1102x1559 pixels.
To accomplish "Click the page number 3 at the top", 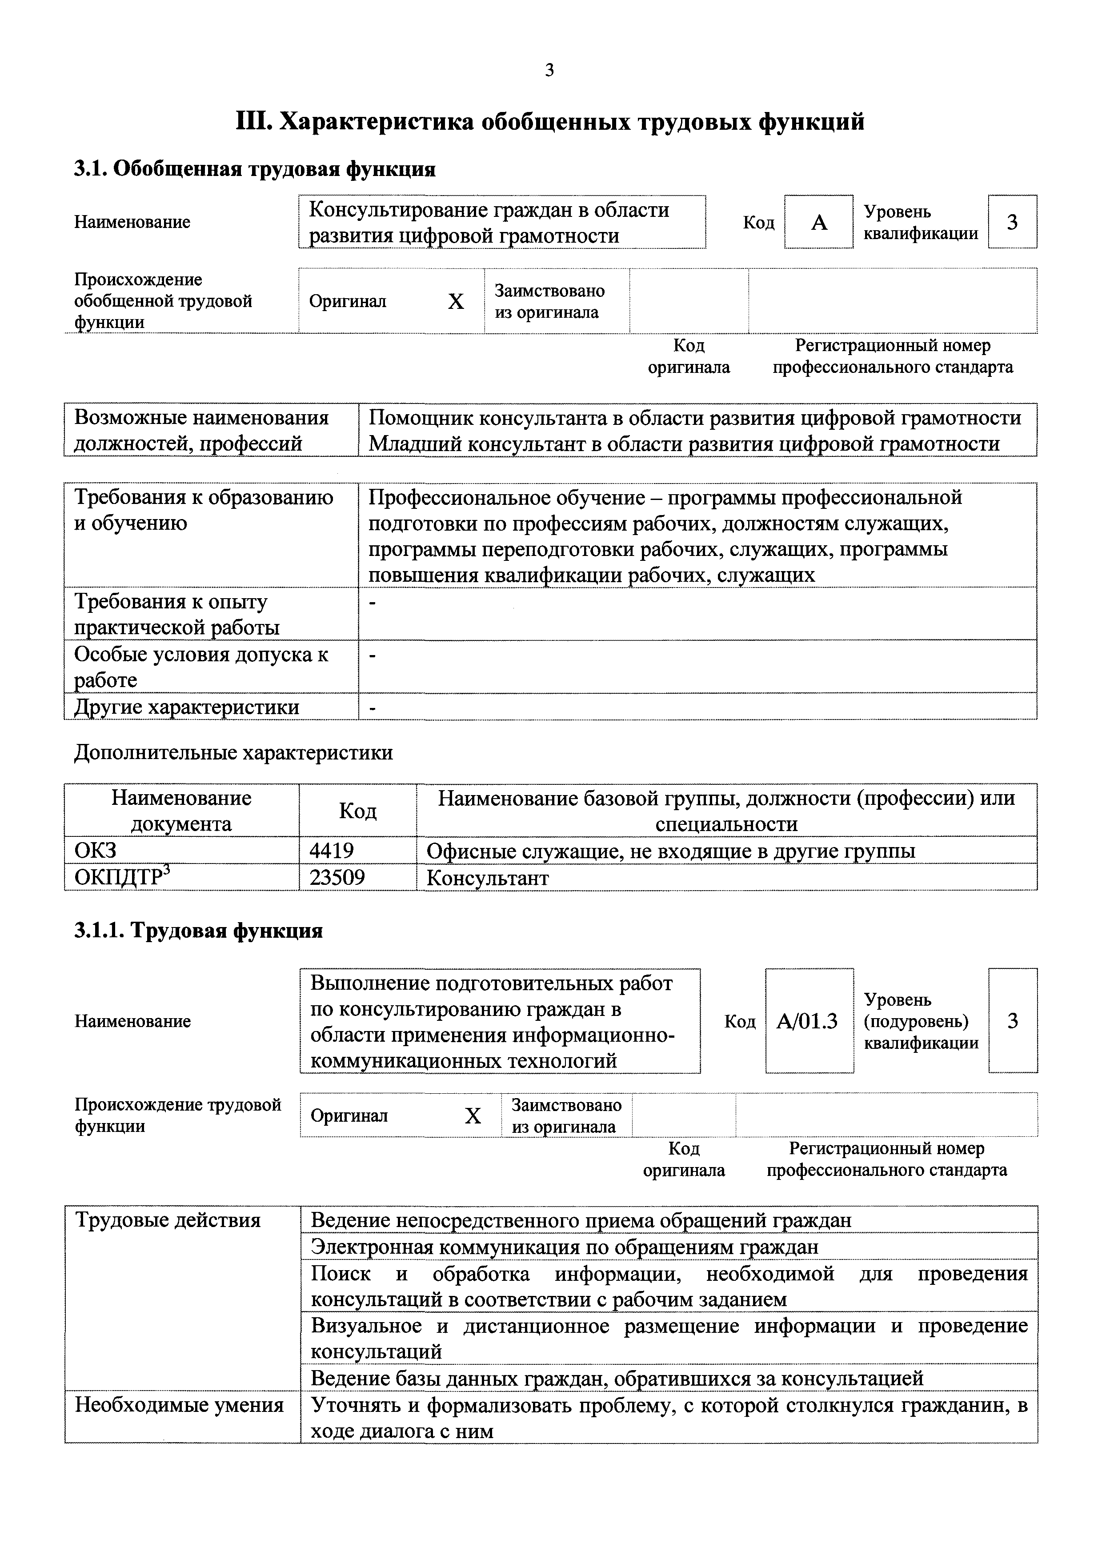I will click(x=549, y=70).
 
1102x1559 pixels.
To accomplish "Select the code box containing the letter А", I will click(x=818, y=222).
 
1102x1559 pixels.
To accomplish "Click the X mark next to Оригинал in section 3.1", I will click(x=456, y=301).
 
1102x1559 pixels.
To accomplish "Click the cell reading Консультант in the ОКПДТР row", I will click(x=488, y=878).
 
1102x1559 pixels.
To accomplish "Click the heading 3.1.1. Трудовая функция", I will click(x=198, y=930).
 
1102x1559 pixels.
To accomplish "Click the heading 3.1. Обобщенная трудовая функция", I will click(x=255, y=168).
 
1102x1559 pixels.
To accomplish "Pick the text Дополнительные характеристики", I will click(x=233, y=752).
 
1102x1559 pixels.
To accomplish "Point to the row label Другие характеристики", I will click(x=186, y=707).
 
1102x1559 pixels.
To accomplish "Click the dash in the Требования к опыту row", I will click(x=371, y=602).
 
